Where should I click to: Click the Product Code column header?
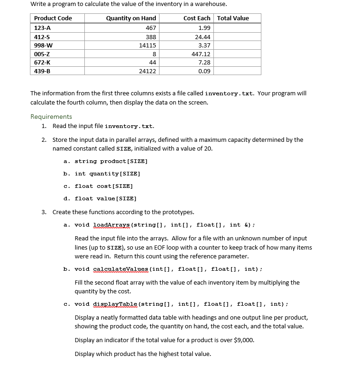[53, 18]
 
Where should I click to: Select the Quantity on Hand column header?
[131, 18]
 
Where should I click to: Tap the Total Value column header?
[233, 18]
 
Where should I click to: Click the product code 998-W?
[43, 45]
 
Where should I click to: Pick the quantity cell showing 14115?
[148, 45]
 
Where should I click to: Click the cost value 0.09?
[204, 71]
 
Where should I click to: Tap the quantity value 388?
[151, 37]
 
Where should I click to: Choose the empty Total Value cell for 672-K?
[237, 62]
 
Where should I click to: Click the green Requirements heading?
[51, 117]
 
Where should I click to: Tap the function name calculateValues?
[121, 269]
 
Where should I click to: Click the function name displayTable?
[115, 304]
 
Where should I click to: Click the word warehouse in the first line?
[210, 4]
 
